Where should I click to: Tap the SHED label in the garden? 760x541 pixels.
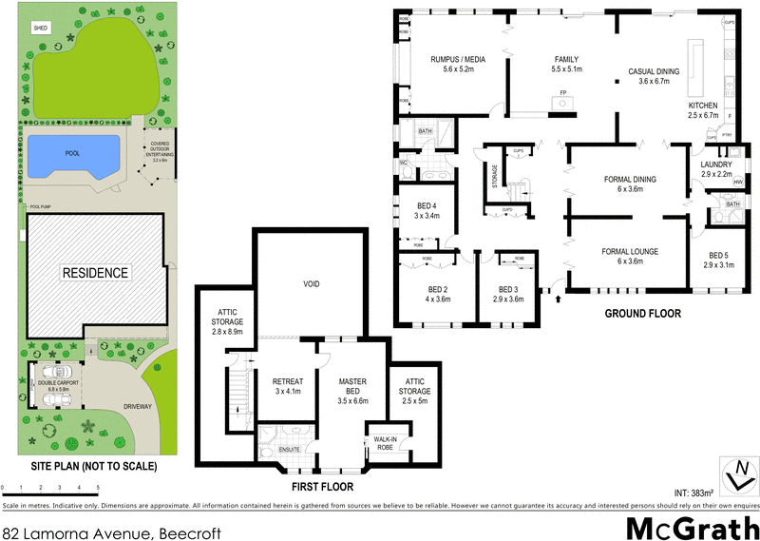point(40,29)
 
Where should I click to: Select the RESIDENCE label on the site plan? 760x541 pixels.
point(94,273)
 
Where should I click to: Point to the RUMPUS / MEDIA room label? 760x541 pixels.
point(457,60)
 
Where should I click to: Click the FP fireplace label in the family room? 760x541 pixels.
point(563,92)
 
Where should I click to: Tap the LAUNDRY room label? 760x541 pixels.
point(716,164)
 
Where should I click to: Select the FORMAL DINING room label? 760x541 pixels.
point(630,179)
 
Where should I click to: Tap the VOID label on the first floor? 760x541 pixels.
point(311,284)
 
